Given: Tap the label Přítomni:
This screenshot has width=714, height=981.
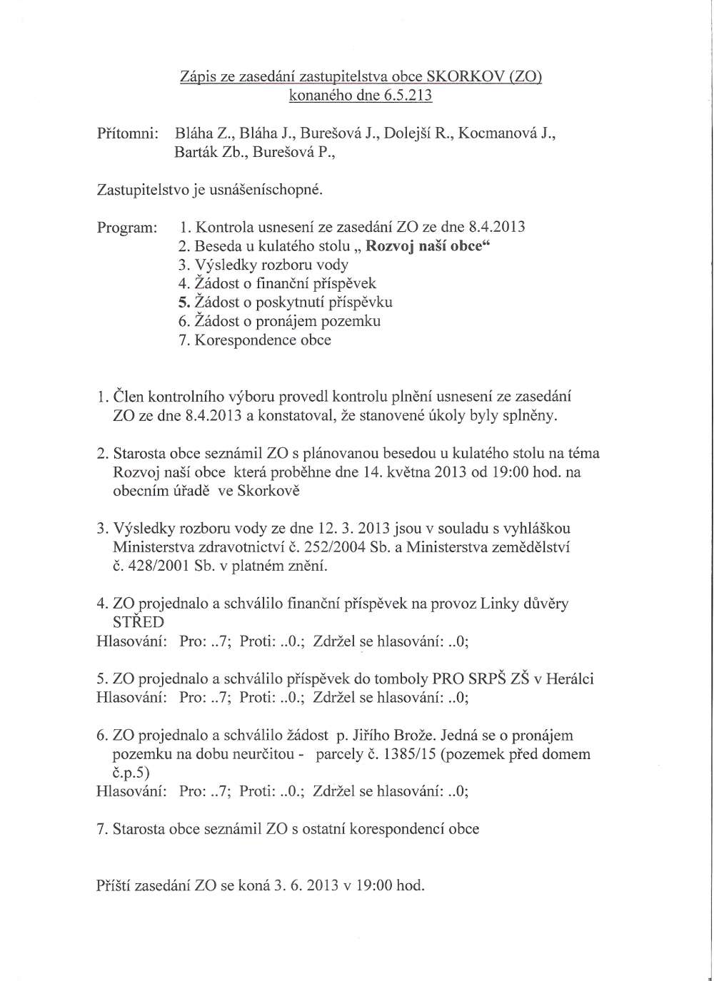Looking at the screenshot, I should [x=126, y=133].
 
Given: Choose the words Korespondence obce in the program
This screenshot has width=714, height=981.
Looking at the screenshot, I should [x=263, y=340].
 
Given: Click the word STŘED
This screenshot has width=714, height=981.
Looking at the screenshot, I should [x=139, y=622].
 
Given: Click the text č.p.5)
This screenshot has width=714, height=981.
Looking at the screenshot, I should [x=132, y=772].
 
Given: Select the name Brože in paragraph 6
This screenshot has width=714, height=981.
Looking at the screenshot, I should [x=411, y=735].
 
